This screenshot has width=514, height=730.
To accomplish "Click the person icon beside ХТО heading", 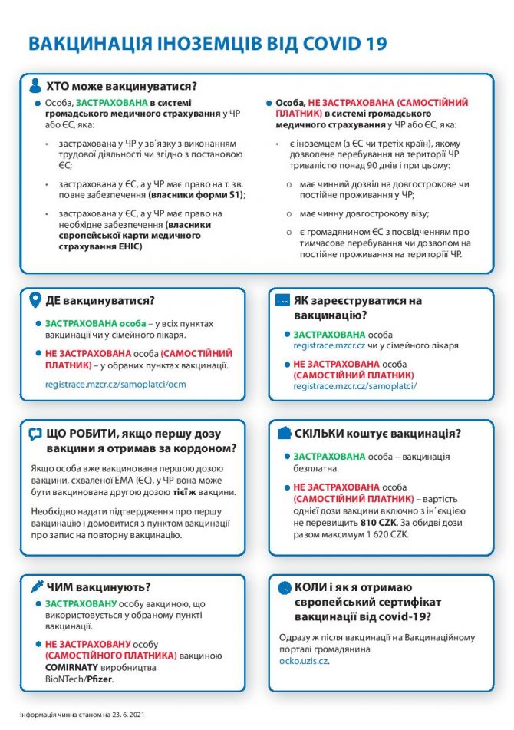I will pyautogui.click(x=35, y=85).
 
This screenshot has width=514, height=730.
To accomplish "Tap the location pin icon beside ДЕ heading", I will pyautogui.click(x=35, y=300).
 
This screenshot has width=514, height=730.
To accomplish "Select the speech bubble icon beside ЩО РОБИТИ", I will pyautogui.click(x=35, y=434).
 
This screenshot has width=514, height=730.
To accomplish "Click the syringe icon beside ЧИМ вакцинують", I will pyautogui.click(x=35, y=587).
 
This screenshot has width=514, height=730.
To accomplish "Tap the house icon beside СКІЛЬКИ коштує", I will pyautogui.click(x=283, y=434).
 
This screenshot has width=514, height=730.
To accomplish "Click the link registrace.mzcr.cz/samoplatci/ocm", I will pyautogui.click(x=115, y=383).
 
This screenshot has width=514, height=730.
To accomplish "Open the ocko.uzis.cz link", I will pyautogui.click(x=304, y=659).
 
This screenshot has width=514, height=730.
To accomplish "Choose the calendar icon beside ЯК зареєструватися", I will pyautogui.click(x=283, y=300).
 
